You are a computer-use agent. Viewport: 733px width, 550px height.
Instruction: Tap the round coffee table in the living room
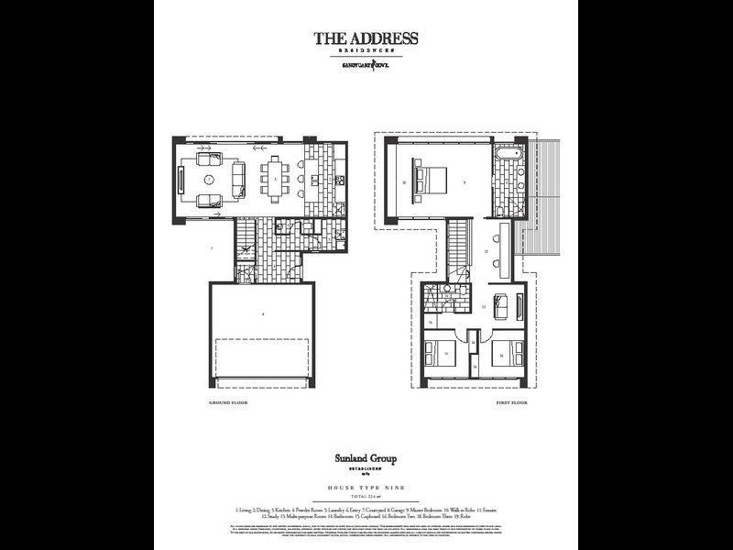coord(209,179)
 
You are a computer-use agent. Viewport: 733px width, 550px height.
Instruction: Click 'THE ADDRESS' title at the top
coord(366,38)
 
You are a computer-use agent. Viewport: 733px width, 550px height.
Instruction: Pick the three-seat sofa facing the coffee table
coord(236,178)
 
